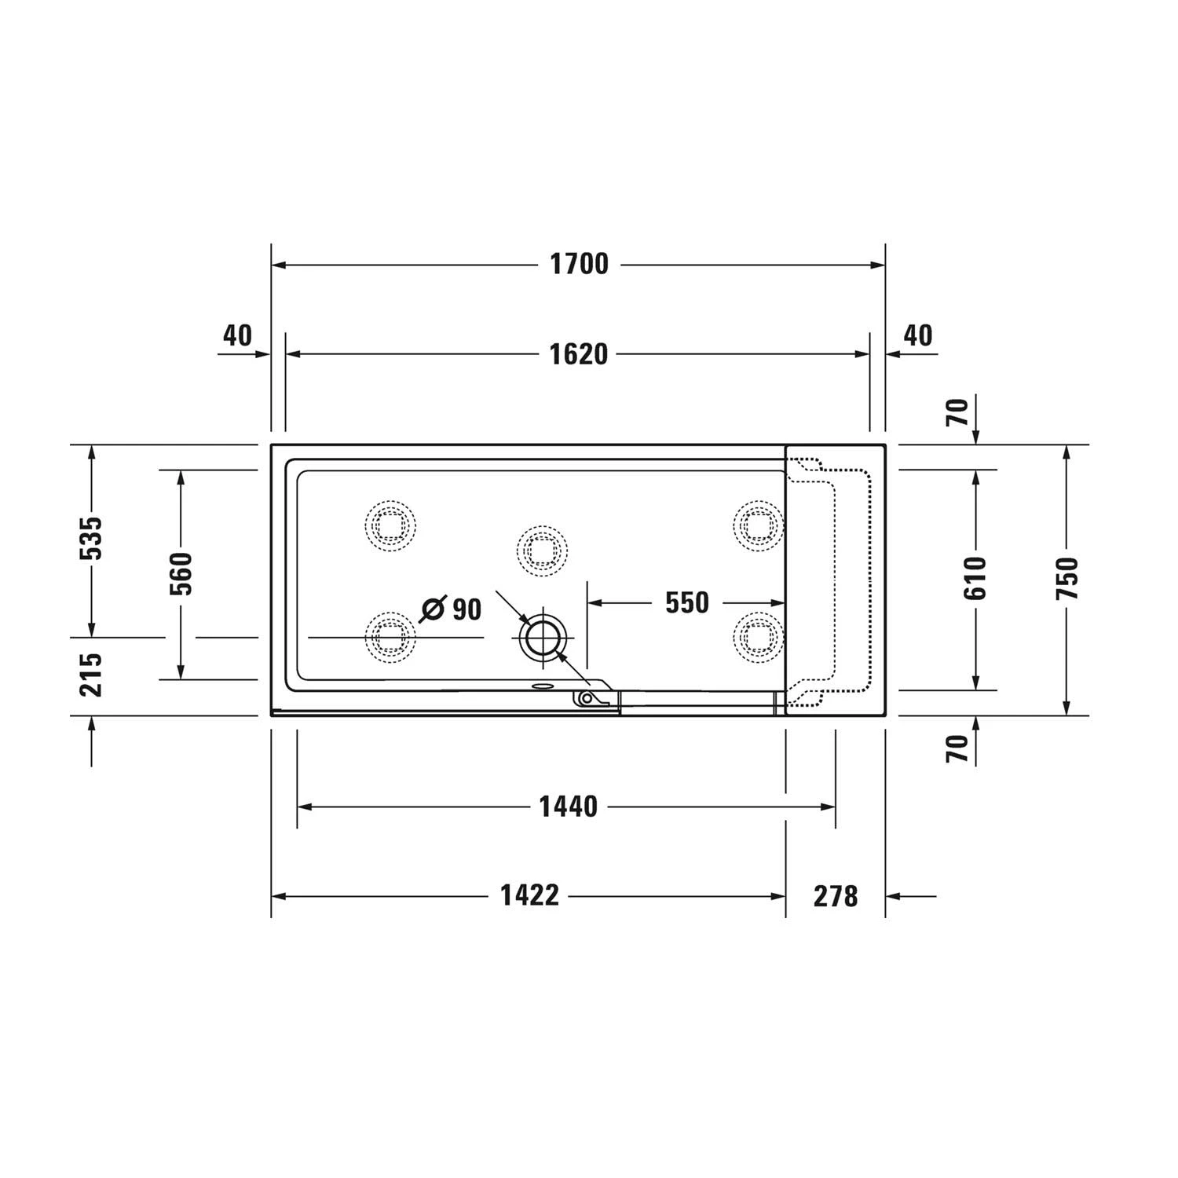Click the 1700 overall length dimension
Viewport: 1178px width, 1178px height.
[579, 265]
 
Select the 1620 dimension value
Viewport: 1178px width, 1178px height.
[578, 354]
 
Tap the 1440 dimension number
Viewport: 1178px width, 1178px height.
[568, 807]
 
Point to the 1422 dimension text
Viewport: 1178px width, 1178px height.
[530, 895]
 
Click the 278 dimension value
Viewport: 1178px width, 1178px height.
[836, 896]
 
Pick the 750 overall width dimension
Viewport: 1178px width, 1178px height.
[1067, 579]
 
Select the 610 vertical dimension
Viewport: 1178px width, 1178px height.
[975, 579]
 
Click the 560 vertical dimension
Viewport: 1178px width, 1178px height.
[181, 574]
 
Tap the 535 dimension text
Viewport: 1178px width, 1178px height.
[92, 539]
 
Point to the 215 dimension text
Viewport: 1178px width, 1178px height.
[92, 674]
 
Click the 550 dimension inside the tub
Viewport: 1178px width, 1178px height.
[686, 603]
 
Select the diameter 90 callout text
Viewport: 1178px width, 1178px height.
[452, 609]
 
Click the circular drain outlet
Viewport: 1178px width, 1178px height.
[541, 637]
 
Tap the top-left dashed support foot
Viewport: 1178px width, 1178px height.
[390, 525]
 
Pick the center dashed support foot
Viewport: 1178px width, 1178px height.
[542, 549]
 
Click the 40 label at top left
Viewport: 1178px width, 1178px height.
[237, 335]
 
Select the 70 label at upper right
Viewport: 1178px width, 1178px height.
[957, 412]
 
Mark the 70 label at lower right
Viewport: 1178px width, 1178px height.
[957, 748]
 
